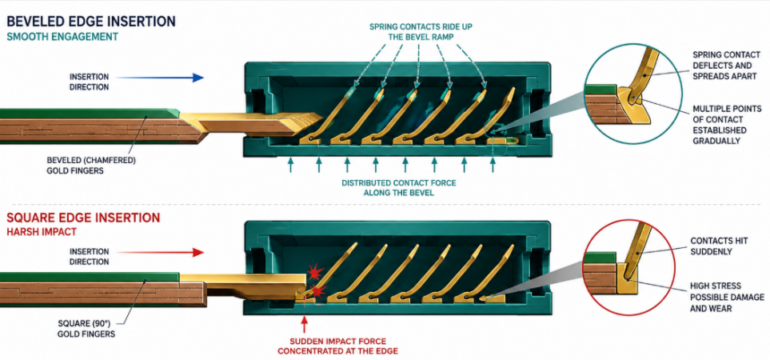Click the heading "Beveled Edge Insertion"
[x=91, y=21]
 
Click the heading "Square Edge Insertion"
[x=83, y=218]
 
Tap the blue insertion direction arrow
[x=160, y=78]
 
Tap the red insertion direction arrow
[x=160, y=253]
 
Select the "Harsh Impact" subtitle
[x=42, y=231]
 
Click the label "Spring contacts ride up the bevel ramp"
[x=421, y=31]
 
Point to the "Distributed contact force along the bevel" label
[x=399, y=188]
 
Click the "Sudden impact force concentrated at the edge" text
[x=337, y=346]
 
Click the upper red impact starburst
[x=314, y=271]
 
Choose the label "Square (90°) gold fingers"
[x=86, y=329]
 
